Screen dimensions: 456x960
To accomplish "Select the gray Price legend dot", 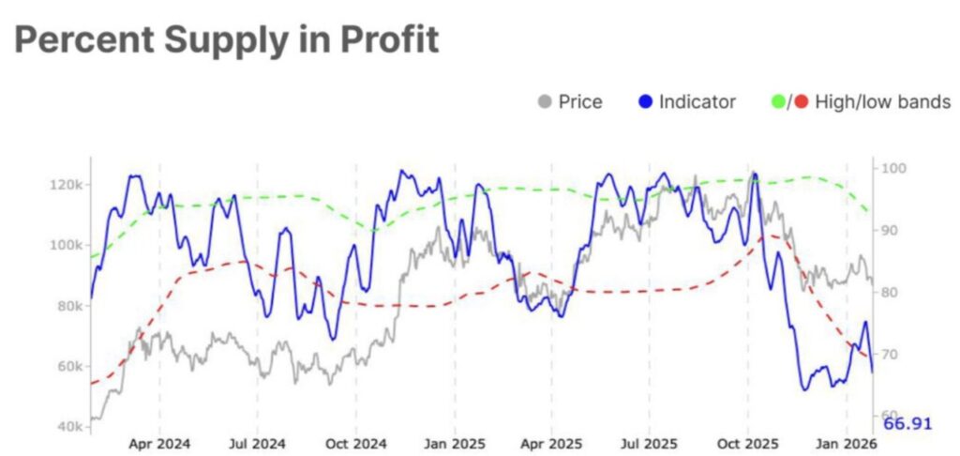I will [545, 101].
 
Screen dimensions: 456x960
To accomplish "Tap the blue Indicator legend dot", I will [646, 101].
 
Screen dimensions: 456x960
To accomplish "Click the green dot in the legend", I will [775, 101].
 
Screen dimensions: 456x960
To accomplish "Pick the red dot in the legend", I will [801, 101].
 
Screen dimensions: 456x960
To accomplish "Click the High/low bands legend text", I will [883, 101].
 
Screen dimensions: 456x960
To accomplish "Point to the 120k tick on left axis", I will [65, 184].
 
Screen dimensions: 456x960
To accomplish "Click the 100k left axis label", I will [65, 245].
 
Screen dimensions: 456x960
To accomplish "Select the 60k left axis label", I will [68, 366].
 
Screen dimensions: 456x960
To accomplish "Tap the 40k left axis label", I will [68, 426].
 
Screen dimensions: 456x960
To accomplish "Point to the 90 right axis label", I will [892, 231].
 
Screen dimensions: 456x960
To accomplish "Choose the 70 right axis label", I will [892, 355].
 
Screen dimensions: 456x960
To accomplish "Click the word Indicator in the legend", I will [697, 101].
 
